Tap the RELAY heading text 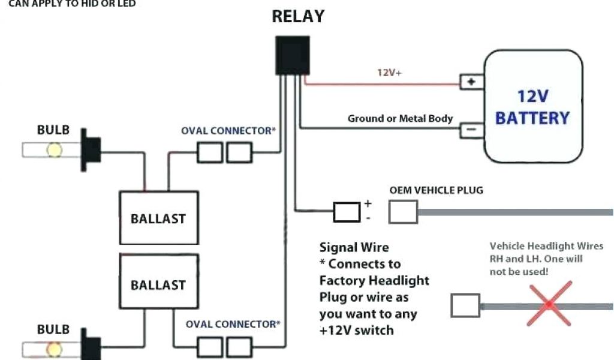tap(298, 17)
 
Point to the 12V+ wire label tap(389, 73)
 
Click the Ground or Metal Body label tap(400, 119)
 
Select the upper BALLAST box tap(158, 218)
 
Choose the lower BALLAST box tap(158, 284)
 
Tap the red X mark tap(549, 304)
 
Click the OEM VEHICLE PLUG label tap(436, 190)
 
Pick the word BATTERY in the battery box tap(532, 118)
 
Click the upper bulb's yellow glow tap(55, 149)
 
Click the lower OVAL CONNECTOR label tap(233, 325)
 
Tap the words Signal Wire tap(354, 247)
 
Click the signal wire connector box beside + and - tap(347, 212)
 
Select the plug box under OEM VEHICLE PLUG tap(403, 212)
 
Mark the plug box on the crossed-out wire tap(465, 305)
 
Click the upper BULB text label tap(53, 130)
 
